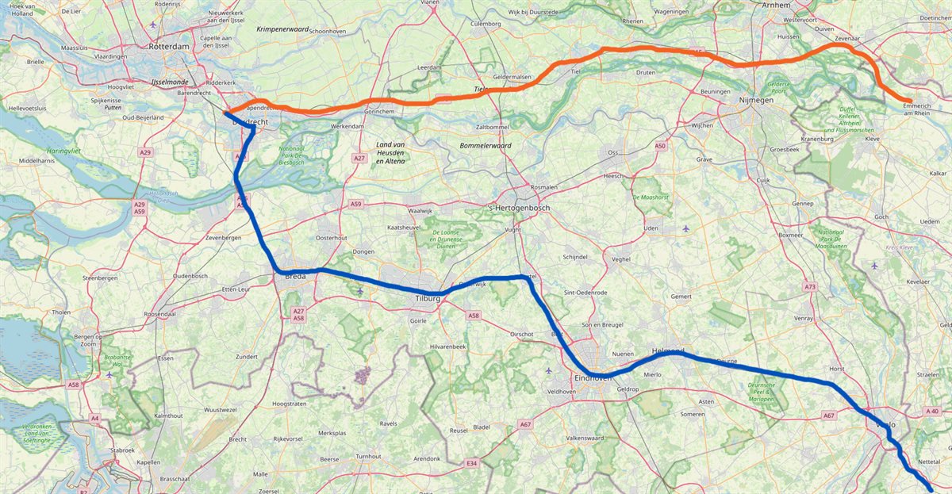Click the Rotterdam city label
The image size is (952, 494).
coord(168,47)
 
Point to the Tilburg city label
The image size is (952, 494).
coord(427,298)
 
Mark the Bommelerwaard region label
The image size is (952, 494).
coord(486,146)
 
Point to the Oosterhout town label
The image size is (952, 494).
coord(332,238)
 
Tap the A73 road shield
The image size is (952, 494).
coord(809,286)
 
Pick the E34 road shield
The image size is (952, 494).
coord(472,462)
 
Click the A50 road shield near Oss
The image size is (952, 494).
coord(660,146)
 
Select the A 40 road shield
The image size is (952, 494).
coord(931,411)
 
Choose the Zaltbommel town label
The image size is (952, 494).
coord(491,127)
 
